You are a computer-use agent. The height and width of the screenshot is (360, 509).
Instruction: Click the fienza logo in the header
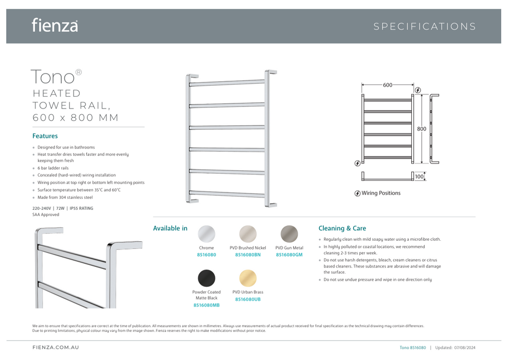(x=54, y=25)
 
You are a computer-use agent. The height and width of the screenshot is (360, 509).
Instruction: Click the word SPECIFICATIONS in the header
(x=425, y=27)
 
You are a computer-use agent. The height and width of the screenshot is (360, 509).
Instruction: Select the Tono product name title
(x=53, y=77)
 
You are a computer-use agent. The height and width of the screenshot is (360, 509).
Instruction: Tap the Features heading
(x=45, y=136)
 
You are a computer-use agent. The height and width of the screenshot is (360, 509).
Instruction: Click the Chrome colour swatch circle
(x=207, y=234)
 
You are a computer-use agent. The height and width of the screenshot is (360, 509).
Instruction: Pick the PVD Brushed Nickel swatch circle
(x=248, y=234)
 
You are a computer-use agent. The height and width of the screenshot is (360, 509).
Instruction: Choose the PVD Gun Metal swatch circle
(x=289, y=234)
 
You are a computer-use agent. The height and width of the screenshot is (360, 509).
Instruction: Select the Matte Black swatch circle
(x=207, y=278)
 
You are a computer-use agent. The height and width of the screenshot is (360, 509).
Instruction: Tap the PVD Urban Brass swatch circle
(x=248, y=278)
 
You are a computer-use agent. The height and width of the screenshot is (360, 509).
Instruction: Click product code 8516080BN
(x=248, y=255)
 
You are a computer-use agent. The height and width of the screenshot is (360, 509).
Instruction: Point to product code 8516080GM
(x=289, y=255)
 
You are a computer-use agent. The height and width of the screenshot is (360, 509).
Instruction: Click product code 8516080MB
(x=207, y=305)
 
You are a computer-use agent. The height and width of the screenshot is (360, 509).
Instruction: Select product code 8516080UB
(x=248, y=299)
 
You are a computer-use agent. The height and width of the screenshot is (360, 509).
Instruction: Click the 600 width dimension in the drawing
(x=388, y=85)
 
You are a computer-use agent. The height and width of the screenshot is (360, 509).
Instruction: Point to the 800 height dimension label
(x=422, y=129)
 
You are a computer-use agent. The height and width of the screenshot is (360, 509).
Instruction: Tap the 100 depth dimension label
(x=420, y=177)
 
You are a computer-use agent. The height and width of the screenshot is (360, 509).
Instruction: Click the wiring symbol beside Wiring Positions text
(x=357, y=193)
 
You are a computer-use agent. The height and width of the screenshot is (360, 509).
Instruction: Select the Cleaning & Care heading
(x=342, y=228)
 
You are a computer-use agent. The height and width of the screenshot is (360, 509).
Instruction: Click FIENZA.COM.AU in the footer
(x=56, y=348)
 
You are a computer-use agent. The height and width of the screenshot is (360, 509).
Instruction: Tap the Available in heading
(x=170, y=228)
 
